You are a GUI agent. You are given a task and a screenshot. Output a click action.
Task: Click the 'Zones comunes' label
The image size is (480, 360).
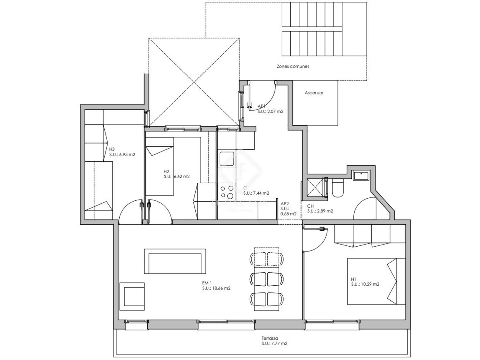(x=293, y=66)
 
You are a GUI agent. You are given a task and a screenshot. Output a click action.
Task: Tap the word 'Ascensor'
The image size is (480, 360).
(x=314, y=93)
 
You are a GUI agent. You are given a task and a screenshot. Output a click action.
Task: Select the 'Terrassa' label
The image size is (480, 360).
(x=270, y=338)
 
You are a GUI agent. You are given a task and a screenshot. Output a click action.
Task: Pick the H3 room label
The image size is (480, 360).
(x=112, y=149)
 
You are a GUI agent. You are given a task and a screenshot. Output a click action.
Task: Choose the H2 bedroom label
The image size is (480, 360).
(x=166, y=172)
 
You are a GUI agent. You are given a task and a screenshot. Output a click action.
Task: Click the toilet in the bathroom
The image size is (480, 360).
(x=338, y=187)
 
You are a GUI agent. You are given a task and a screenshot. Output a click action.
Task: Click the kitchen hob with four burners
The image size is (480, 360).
(x=227, y=192)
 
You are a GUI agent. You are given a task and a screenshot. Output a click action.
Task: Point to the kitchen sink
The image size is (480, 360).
(x=227, y=159)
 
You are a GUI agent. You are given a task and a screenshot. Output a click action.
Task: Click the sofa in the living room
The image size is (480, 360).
(x=175, y=261)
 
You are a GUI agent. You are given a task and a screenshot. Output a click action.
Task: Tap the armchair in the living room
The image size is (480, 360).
(x=132, y=296)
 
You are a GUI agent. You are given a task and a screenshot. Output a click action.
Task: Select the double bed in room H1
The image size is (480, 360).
(x=376, y=281)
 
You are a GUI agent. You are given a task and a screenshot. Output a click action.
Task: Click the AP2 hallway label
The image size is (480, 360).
(x=285, y=204)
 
